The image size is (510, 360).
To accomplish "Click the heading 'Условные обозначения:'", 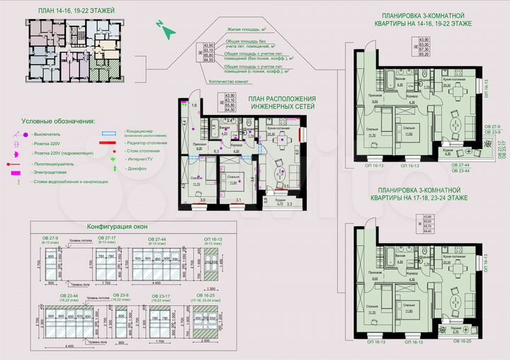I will (x=58, y=121).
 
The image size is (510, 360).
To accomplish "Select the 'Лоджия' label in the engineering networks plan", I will (x=280, y=199).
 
